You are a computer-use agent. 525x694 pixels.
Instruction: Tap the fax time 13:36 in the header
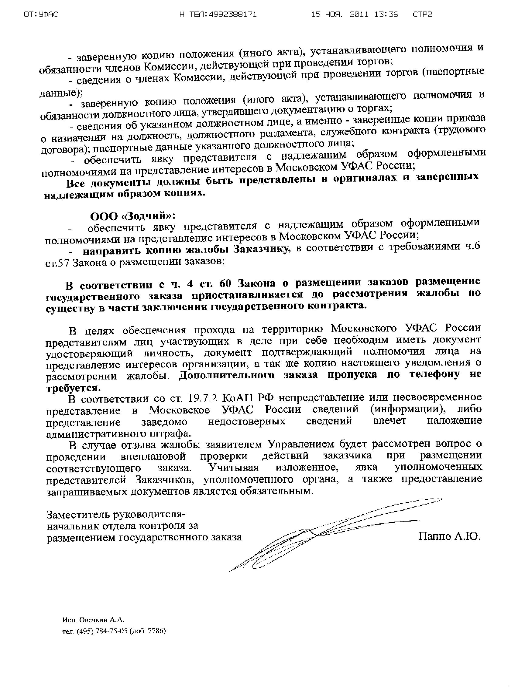[x=387, y=15]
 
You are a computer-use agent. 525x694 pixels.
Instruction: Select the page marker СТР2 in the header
[x=422, y=15]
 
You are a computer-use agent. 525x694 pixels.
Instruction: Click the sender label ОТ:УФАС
[x=41, y=15]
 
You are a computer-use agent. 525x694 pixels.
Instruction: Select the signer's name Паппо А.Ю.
[x=449, y=536]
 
